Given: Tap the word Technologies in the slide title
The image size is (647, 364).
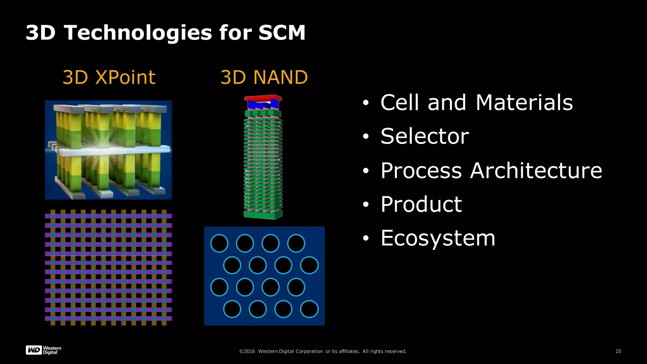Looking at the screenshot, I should (138, 33).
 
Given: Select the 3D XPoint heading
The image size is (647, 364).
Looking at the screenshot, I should (109, 77).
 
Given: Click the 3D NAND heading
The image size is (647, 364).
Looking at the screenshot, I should (264, 77).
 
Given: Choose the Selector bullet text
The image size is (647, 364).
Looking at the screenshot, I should (425, 136).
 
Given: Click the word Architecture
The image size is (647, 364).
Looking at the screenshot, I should (536, 171).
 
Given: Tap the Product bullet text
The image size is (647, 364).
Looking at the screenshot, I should (421, 204).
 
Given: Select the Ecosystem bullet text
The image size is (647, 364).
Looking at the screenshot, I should (438, 238).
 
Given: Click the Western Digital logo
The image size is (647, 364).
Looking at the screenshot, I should (43, 350).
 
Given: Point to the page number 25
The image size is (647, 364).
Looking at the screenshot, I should (618, 351).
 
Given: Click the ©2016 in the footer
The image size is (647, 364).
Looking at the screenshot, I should (247, 351).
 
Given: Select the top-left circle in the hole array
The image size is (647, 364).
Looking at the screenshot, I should (219, 243).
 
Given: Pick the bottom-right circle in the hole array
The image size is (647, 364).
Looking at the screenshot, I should (309, 309).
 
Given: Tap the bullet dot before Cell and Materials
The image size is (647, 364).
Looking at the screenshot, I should (366, 103).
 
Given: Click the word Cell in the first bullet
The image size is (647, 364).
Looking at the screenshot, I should (400, 103).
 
